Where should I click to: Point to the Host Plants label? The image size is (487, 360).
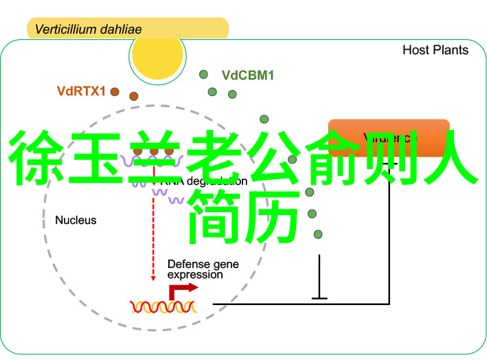click(435, 50)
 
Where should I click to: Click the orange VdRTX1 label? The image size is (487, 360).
click(81, 90)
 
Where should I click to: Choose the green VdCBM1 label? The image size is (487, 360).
click(247, 76)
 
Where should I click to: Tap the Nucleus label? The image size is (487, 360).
click(76, 221)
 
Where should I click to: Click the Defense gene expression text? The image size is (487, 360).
click(195, 269)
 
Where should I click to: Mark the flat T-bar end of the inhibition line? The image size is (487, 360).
click(319, 297)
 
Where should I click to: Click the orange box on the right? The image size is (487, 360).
click(388, 137)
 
